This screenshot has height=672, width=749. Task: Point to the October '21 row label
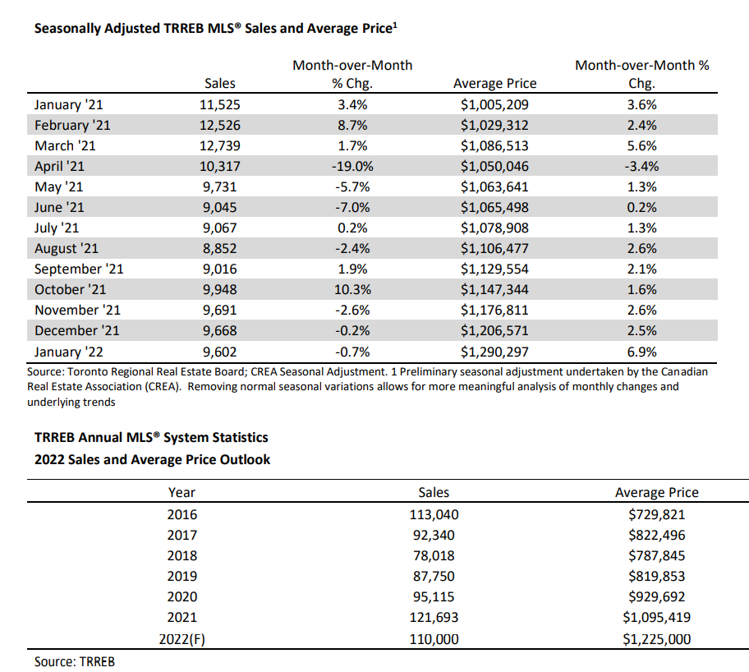(71, 289)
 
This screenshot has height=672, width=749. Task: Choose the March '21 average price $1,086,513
(494, 145)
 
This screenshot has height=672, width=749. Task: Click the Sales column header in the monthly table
(219, 83)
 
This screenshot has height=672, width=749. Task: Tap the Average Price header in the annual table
(656, 493)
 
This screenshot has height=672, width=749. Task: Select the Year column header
(182, 493)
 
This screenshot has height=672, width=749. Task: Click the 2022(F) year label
(182, 638)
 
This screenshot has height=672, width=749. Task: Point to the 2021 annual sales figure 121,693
(434, 617)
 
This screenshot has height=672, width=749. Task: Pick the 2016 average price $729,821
(656, 514)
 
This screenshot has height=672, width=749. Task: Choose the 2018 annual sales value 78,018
(434, 555)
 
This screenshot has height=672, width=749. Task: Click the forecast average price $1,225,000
(656, 638)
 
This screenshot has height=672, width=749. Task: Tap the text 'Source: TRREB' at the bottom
(75, 661)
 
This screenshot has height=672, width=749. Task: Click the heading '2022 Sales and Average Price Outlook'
(152, 459)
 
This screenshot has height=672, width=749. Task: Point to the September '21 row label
(79, 269)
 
